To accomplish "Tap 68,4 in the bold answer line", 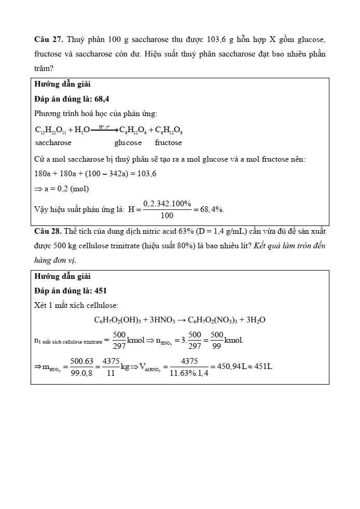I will pos(101,98).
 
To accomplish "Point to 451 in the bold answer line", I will pos(101,291).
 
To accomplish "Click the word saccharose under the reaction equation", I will pos(53,143).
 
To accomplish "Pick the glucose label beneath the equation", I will pos(128,143).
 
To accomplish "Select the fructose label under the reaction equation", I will pos(168,143).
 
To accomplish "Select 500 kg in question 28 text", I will pos(60,246).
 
